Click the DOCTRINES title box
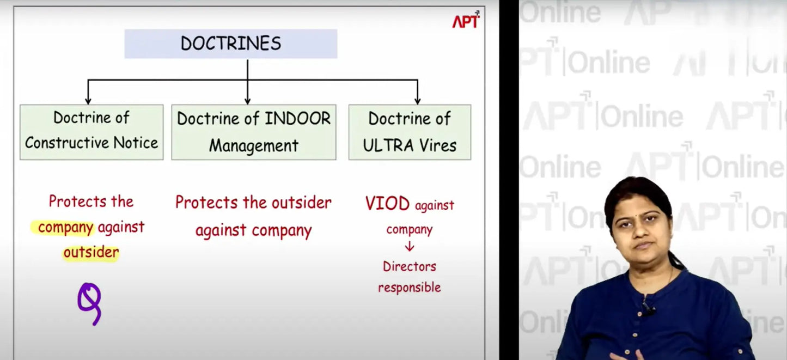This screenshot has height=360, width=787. [231, 44]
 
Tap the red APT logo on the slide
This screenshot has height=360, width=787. [466, 20]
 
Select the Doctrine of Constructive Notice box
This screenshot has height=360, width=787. [91, 132]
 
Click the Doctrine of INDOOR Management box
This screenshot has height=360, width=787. [254, 132]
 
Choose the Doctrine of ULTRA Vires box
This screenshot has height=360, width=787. [410, 132]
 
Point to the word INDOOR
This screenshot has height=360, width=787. [297, 119]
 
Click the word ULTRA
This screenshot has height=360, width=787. [388, 145]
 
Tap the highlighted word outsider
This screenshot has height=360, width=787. [91, 252]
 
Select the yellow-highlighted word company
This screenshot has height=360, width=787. [65, 228]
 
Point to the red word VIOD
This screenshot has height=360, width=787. [387, 203]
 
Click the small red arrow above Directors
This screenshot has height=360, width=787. [410, 246]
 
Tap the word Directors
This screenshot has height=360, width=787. [410, 266]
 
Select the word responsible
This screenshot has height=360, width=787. [410, 288]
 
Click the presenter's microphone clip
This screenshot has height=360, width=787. [648, 309]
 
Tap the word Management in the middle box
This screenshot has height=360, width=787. [254, 145]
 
